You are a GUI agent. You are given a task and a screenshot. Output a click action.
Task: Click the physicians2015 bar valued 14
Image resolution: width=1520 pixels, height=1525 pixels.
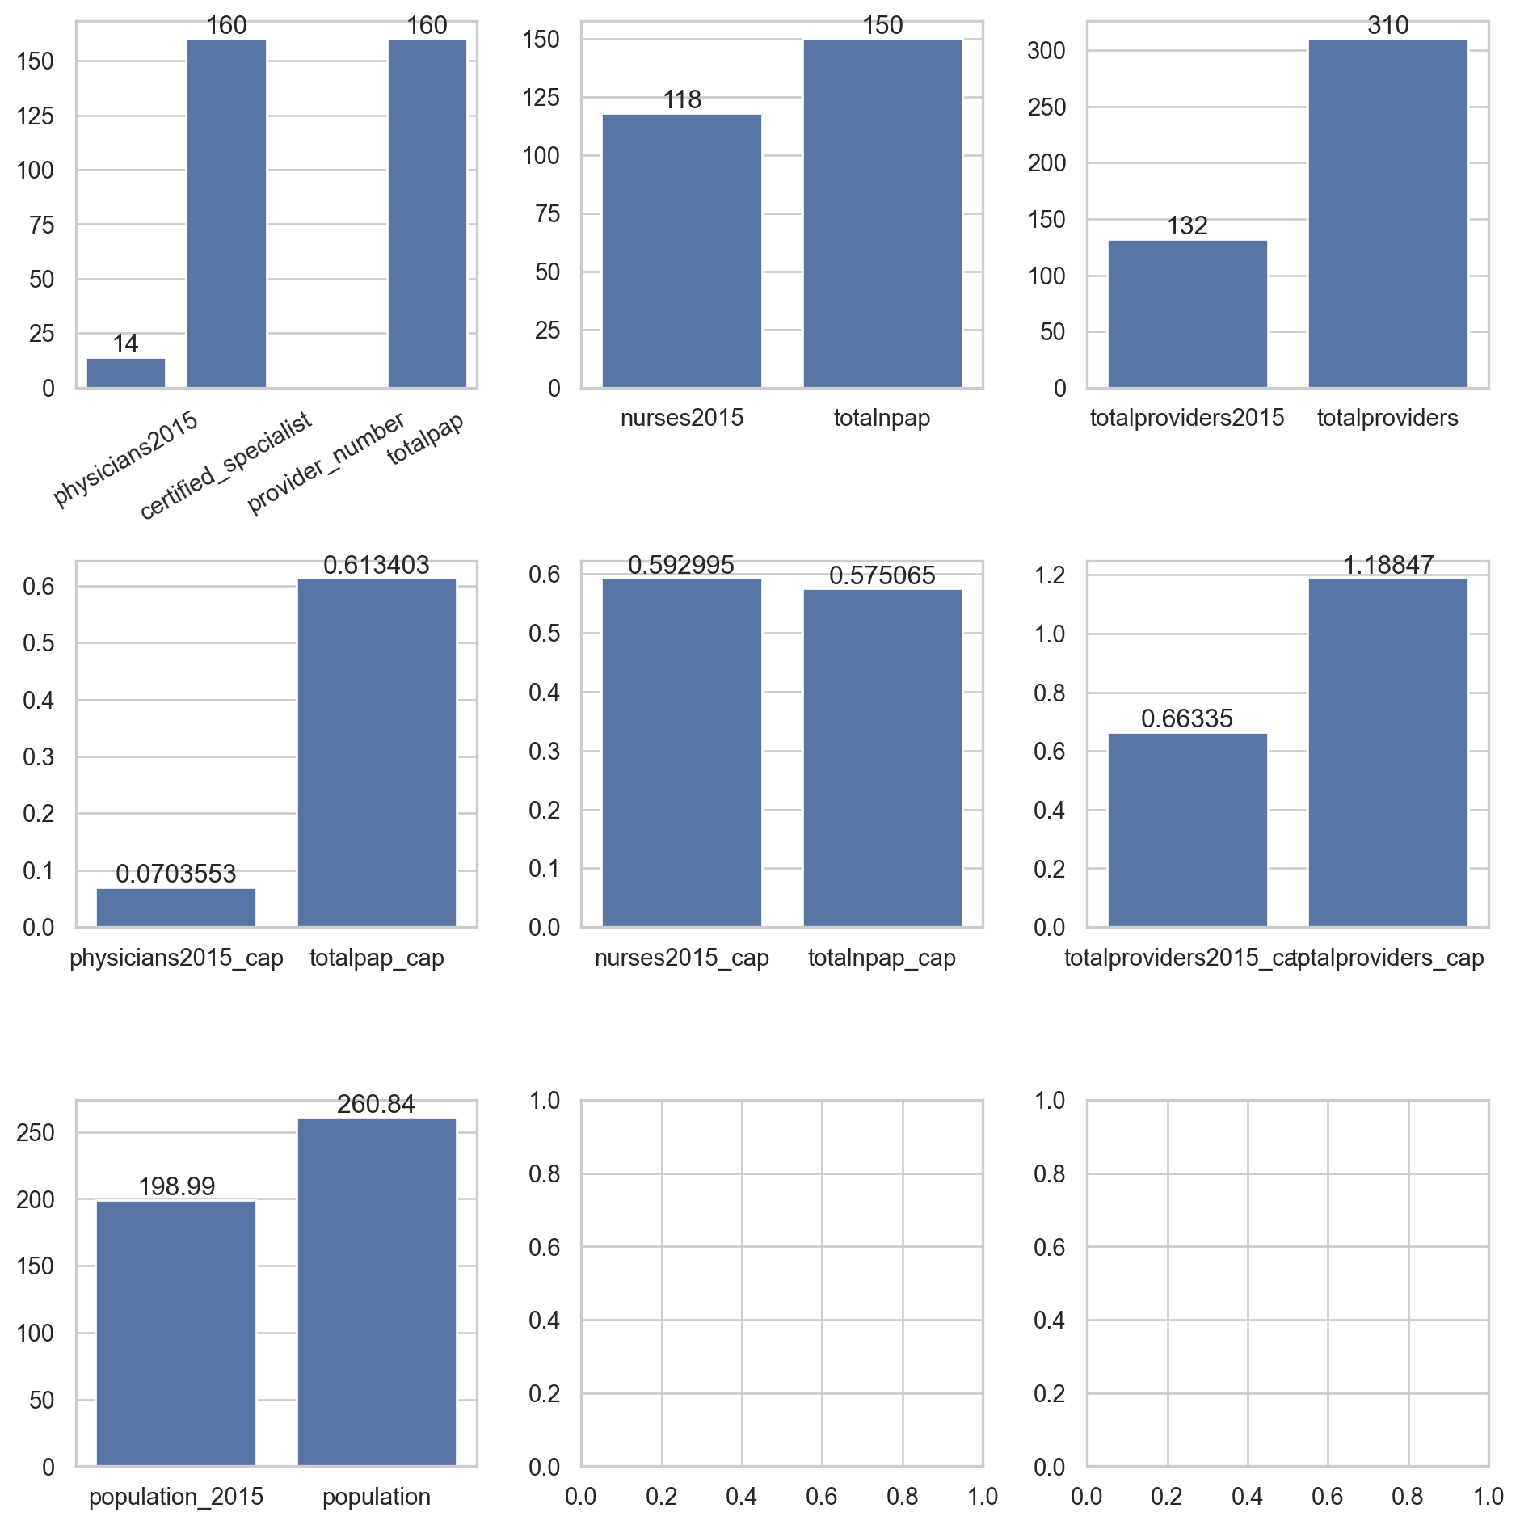(x=125, y=373)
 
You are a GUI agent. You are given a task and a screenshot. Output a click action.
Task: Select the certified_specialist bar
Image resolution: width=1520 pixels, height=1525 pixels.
(x=226, y=214)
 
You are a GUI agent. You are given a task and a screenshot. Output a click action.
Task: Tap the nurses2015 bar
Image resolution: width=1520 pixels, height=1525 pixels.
(x=681, y=251)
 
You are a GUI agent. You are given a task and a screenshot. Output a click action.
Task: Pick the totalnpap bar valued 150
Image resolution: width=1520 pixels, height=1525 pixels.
(x=882, y=214)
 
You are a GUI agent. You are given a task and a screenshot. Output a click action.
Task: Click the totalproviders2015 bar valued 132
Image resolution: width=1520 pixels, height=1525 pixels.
(x=1187, y=314)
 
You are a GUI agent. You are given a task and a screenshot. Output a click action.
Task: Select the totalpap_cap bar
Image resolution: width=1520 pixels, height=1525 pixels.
(x=377, y=752)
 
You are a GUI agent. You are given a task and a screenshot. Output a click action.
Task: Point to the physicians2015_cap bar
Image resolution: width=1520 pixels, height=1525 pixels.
(x=176, y=908)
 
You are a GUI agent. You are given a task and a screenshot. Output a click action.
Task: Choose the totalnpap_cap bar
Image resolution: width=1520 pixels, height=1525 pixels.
(x=882, y=758)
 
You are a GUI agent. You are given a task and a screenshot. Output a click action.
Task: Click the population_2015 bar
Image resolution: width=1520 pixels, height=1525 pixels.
(x=176, y=1333)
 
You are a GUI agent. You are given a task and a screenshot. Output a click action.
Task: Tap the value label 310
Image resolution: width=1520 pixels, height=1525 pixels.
(x=1387, y=26)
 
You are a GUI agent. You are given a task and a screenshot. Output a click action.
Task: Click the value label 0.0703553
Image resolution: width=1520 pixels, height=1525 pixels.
(x=176, y=874)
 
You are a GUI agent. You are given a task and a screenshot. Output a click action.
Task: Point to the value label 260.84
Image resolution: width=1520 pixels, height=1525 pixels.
(x=377, y=1104)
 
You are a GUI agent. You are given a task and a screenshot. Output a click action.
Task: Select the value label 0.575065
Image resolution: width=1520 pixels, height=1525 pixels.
(x=882, y=575)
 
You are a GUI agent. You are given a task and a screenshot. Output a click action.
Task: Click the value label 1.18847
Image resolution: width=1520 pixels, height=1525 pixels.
(x=1387, y=565)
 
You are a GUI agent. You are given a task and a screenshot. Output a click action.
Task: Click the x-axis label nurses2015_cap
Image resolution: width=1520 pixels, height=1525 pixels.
(x=681, y=958)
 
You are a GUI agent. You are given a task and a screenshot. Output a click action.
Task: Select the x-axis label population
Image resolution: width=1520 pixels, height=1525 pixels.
(x=377, y=1497)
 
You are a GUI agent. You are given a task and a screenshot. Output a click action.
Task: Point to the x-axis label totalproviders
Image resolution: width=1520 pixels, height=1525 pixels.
(x=1387, y=418)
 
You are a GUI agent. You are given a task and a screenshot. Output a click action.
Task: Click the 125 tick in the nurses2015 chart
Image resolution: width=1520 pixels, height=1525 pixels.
(x=541, y=98)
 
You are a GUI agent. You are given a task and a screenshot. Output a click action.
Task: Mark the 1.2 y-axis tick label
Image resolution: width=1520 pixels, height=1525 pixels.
(x=1051, y=575)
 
